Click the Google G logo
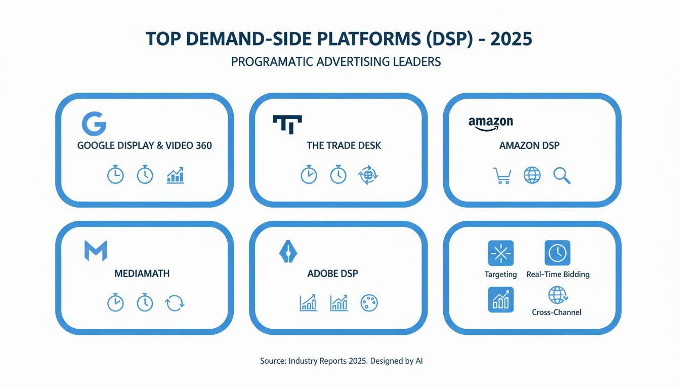94,124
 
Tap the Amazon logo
490,123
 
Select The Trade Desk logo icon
287,123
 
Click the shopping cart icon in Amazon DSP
501,175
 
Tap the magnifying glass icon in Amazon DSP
562,175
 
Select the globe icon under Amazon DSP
532,175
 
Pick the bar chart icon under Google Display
175,176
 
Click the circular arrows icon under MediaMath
175,303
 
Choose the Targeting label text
500,275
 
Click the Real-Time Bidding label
558,275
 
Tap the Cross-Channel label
557,312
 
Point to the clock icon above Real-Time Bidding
557,253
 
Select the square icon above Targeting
500,253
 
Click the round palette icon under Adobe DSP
369,303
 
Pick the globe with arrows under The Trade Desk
368,175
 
